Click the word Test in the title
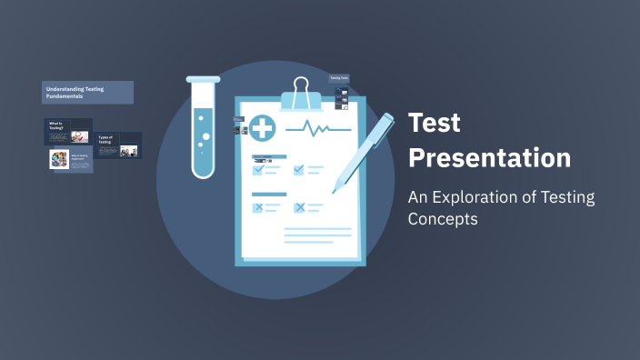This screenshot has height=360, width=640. pyautogui.click(x=435, y=123)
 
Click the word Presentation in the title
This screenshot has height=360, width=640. pyautogui.click(x=489, y=157)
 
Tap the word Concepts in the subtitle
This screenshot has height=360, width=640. pyautogui.click(x=443, y=219)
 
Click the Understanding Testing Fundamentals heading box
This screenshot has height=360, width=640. pyautogui.click(x=87, y=92)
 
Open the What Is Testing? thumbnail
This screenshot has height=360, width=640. pyautogui.click(x=68, y=132)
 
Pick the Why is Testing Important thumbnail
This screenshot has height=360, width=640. pyautogui.click(x=70, y=160)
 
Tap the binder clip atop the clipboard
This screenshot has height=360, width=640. pyautogui.click(x=301, y=93)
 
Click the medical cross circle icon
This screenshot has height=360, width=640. pyautogui.click(x=263, y=128)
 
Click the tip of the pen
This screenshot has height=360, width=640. pyautogui.click(x=335, y=190)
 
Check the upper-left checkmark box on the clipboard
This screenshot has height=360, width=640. pyautogui.click(x=258, y=169)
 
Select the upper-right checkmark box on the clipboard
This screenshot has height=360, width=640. pyautogui.click(x=299, y=169)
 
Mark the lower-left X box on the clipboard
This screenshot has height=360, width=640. pyautogui.click(x=258, y=207)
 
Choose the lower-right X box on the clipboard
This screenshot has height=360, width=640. pyautogui.click(x=299, y=207)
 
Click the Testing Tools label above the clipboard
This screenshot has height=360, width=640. pyautogui.click(x=339, y=78)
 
